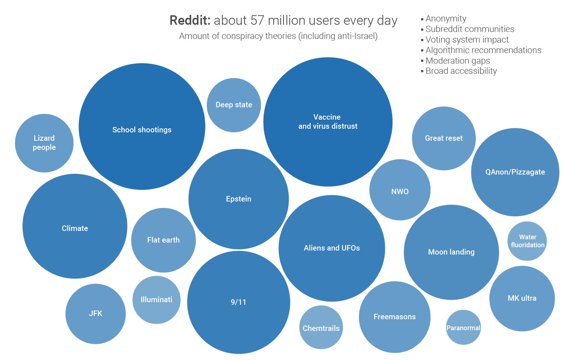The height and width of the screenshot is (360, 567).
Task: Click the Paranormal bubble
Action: [463, 327]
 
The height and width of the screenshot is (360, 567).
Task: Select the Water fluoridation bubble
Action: [527, 241]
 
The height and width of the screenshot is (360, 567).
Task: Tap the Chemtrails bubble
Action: [321, 328]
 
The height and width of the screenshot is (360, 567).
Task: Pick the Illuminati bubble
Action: [156, 300]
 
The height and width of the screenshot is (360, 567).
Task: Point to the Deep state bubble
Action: [234, 105]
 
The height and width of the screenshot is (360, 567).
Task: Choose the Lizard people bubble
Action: [44, 143]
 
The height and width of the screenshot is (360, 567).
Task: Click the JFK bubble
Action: [96, 313]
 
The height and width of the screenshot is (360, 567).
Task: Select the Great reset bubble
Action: [444, 138]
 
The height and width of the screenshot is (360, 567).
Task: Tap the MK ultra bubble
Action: [522, 299]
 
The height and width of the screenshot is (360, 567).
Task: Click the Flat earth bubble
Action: [163, 240]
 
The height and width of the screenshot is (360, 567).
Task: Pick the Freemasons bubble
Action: [395, 317]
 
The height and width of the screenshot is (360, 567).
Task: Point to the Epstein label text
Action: [238, 199]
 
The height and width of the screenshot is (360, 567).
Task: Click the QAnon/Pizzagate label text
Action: [515, 172]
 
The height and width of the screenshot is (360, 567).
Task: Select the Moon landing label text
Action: [451, 252]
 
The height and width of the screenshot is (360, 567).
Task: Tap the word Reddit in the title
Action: [190, 20]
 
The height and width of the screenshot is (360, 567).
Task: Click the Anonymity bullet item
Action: [446, 19]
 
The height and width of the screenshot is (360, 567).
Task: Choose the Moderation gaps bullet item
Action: [458, 61]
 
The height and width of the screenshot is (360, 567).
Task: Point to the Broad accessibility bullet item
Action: [461, 71]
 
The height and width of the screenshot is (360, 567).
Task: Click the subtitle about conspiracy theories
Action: [278, 36]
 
